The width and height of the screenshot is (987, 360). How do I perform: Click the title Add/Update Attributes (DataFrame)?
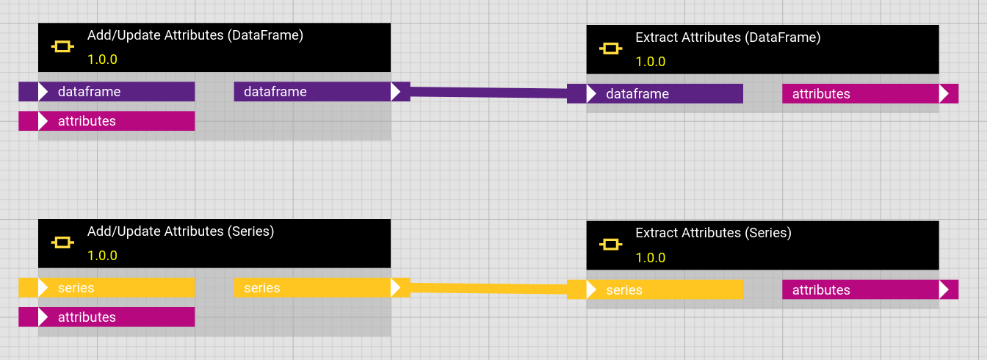[195, 35]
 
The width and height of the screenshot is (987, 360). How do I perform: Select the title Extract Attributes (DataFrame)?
[728, 37]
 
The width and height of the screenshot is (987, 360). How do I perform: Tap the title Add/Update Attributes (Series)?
[181, 231]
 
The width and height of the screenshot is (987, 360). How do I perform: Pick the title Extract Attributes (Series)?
[713, 233]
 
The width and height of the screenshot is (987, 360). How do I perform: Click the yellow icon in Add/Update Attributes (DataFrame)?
[62, 47]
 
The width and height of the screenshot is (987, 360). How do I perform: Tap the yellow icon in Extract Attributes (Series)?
[611, 245]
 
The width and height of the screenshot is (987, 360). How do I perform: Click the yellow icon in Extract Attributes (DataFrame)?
[611, 48]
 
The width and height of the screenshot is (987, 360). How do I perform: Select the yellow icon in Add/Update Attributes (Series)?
[62, 242]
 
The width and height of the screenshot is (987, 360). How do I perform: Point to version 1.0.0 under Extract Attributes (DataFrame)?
[651, 62]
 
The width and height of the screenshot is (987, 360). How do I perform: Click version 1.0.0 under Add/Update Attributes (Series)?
[102, 256]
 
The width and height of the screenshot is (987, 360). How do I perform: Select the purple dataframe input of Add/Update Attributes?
[106, 92]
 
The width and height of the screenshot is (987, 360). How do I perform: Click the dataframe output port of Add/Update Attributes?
[322, 92]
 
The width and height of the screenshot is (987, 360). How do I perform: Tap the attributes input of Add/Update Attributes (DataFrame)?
[106, 121]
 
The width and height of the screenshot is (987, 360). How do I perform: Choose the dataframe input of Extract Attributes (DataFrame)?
[655, 94]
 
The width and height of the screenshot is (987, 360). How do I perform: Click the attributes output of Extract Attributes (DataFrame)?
[870, 94]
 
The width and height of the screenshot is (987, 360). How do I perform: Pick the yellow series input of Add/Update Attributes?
[106, 288]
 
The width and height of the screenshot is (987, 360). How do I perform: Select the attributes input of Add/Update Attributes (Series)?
[106, 317]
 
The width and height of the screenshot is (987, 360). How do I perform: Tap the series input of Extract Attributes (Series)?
[655, 290]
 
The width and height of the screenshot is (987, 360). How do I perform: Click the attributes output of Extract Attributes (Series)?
[870, 290]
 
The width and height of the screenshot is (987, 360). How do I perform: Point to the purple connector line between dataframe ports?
[488, 93]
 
